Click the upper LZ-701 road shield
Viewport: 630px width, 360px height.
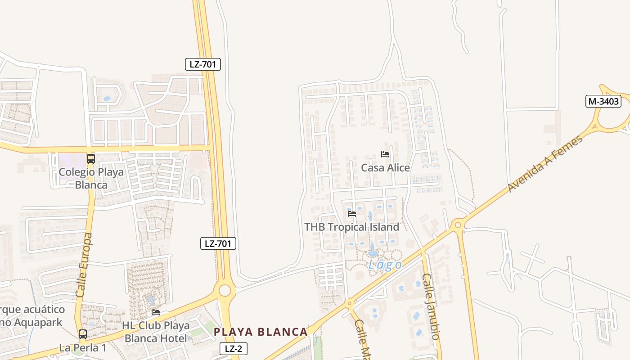pyautogui.click(x=203, y=64)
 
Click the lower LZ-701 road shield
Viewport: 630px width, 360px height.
pyautogui.click(x=218, y=244)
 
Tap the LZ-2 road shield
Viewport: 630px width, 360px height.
pyautogui.click(x=234, y=348)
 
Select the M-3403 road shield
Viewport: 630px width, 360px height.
pyautogui.click(x=603, y=101)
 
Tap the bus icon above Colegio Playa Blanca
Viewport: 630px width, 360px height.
pyautogui.click(x=91, y=158)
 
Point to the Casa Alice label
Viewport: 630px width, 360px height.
pyautogui.click(x=386, y=168)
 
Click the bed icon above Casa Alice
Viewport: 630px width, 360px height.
pyautogui.click(x=385, y=154)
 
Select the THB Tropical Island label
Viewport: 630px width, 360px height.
pyautogui.click(x=351, y=227)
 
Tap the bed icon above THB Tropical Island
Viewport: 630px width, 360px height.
pyautogui.click(x=352, y=213)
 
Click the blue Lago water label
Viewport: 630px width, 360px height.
pyautogui.click(x=385, y=265)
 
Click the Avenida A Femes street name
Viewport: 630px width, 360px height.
pyautogui.click(x=545, y=163)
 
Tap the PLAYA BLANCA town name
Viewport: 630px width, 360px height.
pyautogui.click(x=261, y=332)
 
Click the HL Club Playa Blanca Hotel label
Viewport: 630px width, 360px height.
pyautogui.click(x=154, y=332)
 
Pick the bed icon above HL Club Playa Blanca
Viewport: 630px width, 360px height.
pyautogui.click(x=156, y=312)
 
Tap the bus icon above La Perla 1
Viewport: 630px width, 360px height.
pyautogui.click(x=83, y=334)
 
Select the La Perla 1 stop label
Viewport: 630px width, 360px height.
pyautogui.click(x=83, y=348)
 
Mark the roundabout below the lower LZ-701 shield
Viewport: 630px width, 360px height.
pyautogui.click(x=225, y=291)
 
